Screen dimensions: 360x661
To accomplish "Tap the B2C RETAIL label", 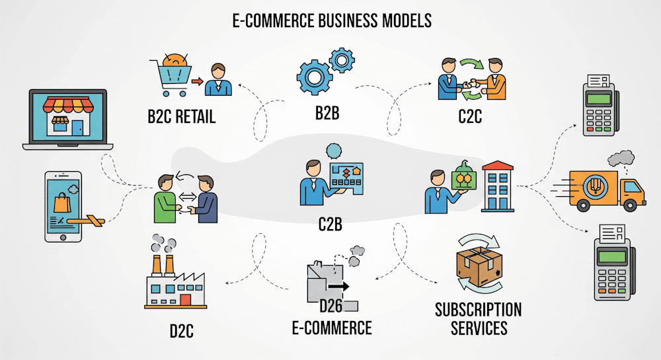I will click(x=181, y=118).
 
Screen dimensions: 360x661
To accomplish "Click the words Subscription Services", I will click(x=479, y=318).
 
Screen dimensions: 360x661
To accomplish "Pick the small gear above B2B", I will click(x=342, y=60).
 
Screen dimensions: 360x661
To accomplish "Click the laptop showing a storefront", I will click(x=67, y=120).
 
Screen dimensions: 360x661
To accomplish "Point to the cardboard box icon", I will click(x=477, y=265).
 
